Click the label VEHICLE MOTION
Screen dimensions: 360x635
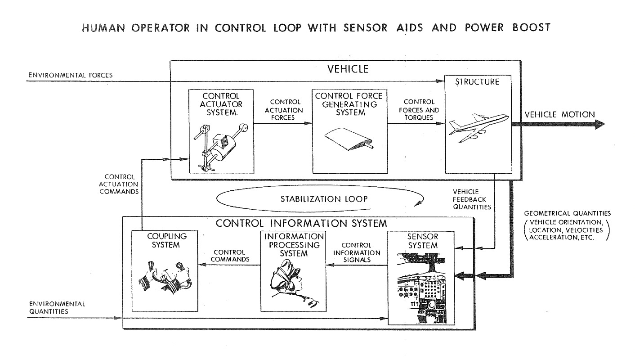pos(559,114)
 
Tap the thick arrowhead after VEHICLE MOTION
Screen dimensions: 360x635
pos(600,125)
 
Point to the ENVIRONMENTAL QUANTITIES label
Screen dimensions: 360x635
pos(56,307)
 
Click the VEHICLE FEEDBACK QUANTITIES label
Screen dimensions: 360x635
pos(472,199)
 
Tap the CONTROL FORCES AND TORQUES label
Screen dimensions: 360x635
pos(420,110)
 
